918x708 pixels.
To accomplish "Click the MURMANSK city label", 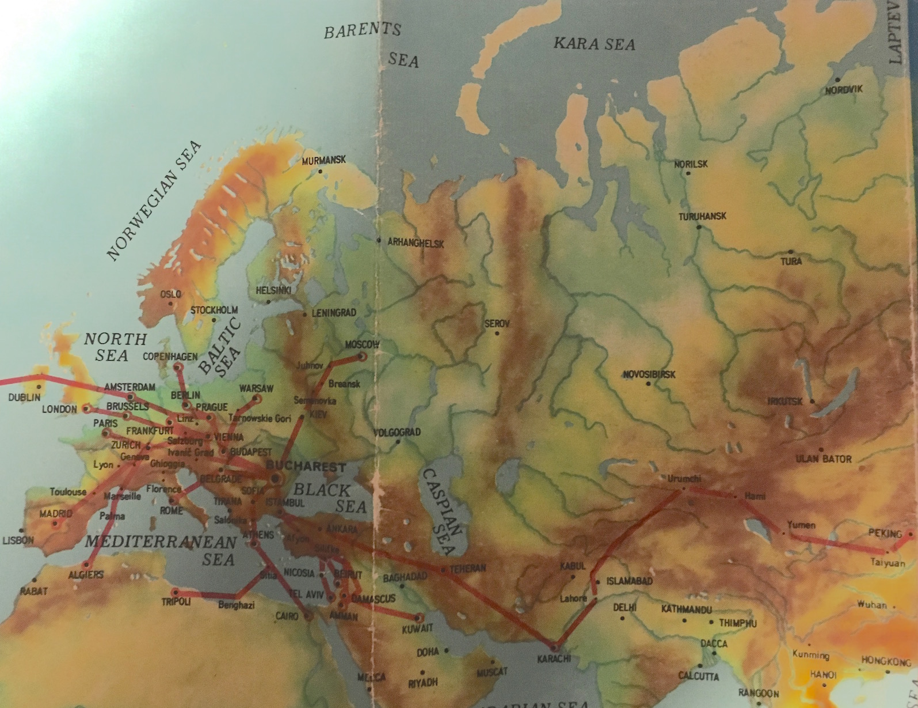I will [x=324, y=160].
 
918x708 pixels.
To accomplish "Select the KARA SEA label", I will [x=595, y=43].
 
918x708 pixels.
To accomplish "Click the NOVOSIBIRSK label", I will [x=649, y=375].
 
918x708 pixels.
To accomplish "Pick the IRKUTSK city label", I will [x=784, y=401].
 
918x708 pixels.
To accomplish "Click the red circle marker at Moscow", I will [x=363, y=356].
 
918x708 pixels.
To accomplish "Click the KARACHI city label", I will [x=554, y=658].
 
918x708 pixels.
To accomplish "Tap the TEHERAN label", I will [x=467, y=568].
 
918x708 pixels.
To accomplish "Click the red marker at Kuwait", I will [x=418, y=617].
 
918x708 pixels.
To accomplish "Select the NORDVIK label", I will [x=844, y=90].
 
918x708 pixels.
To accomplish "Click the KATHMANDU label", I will [x=686, y=609].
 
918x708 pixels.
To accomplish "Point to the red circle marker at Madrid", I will [x=56, y=524].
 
